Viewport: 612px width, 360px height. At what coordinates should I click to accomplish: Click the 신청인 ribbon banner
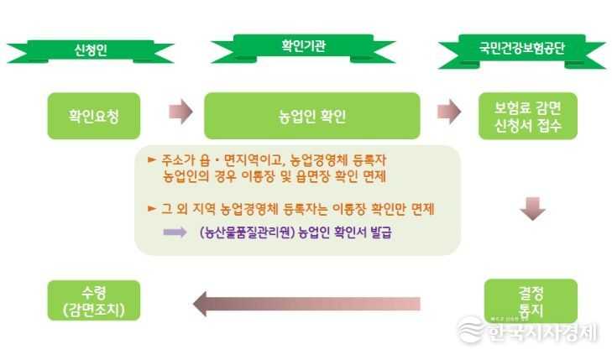pos(91,50)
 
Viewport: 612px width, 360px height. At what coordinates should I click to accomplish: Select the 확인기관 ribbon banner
pos(303,48)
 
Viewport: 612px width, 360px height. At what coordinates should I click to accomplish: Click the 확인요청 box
pos(94,116)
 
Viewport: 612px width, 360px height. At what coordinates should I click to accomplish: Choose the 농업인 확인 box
pos(312,116)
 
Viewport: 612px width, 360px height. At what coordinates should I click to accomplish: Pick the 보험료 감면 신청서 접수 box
pos(528,116)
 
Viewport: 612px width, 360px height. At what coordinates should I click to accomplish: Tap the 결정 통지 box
pos(531,300)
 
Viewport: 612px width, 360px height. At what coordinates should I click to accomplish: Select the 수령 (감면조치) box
pos(94,300)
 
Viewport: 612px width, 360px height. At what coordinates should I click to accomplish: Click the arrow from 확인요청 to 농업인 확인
pos(180,112)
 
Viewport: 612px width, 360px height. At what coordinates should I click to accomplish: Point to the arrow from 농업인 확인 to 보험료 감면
pos(449,112)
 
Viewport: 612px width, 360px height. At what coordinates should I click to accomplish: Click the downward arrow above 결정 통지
pos(533,209)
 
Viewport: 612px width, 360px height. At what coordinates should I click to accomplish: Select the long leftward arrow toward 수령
pos(306,304)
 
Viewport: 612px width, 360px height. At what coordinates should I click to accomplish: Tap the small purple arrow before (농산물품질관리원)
pos(175,232)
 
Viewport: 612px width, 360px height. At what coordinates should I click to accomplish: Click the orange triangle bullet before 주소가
pos(152,159)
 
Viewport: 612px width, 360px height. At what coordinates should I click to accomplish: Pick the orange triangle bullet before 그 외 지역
pos(152,209)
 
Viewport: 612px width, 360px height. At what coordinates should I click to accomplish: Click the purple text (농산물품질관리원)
pos(247,232)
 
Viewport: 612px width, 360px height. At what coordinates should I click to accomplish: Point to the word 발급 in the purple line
pos(380,232)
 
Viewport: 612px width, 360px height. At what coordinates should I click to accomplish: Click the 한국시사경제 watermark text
pos(542,332)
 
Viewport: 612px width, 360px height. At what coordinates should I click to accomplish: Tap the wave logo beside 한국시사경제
pos(471,330)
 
